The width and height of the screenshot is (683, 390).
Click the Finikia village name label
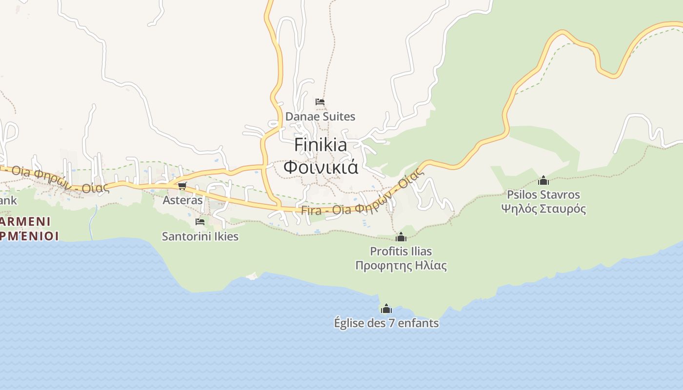pos(321,145)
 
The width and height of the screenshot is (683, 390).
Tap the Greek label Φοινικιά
pos(321,167)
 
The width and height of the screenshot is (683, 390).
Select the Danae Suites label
pos(320,117)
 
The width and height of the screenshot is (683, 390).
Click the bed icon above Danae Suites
pos(320,102)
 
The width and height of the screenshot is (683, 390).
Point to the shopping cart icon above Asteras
pos(182,186)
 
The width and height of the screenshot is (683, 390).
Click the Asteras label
pos(182,200)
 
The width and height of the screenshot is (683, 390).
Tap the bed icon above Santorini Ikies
pos(200,221)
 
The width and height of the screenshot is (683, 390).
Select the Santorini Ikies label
pos(200,236)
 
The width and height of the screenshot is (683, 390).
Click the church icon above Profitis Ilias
pos(401,237)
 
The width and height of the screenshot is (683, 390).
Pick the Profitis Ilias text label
pos(401,252)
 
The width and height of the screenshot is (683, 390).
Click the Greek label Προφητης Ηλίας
pos(401,266)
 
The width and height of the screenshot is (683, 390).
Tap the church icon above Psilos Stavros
pos(543,180)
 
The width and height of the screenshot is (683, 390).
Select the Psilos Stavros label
pos(543,195)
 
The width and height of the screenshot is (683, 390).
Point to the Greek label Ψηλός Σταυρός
pos(543,209)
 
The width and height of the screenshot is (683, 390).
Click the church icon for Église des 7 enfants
pos(386,309)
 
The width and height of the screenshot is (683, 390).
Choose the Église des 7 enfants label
pos(386,323)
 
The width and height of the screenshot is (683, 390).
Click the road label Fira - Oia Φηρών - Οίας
pos(361,198)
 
